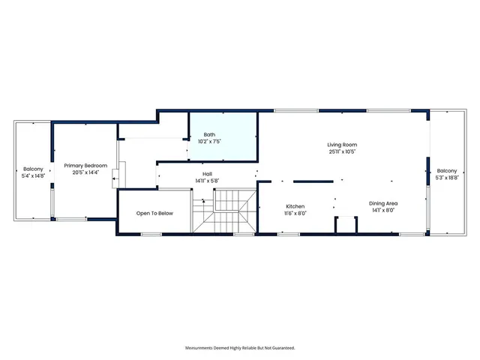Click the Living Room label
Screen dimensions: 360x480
[341, 145]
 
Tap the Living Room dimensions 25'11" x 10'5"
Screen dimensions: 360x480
[341, 151]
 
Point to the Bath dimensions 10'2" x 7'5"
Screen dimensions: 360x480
[209, 141]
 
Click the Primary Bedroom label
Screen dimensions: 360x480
[85, 166]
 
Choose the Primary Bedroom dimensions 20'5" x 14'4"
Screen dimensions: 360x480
[85, 172]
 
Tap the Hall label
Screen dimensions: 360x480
[207, 174]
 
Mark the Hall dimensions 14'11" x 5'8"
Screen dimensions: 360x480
[207, 181]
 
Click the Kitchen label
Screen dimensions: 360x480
[295, 206]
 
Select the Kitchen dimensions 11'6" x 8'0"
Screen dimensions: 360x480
[295, 213]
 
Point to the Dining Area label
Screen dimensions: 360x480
[382, 203]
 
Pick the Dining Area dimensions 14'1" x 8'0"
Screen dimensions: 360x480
[382, 210]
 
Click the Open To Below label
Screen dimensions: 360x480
[154, 213]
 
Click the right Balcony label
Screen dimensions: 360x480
[447, 171]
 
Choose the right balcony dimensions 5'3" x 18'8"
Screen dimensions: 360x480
[447, 178]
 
